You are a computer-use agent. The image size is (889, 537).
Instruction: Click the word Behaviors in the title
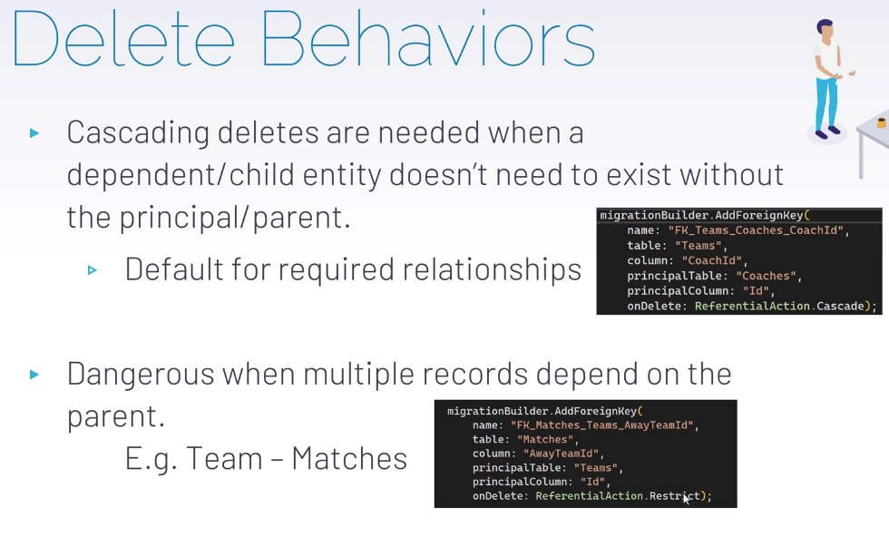tap(428, 38)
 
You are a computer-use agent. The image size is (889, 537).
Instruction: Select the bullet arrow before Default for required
tap(93, 270)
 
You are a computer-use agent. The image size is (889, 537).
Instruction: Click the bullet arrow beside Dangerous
tap(34, 375)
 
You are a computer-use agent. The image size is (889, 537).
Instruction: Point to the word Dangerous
tap(141, 375)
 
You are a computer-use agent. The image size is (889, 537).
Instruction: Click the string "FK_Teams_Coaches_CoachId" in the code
tap(757, 230)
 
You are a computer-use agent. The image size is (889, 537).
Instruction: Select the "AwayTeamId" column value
tap(561, 454)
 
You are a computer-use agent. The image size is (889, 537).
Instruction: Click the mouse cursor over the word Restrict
tap(687, 498)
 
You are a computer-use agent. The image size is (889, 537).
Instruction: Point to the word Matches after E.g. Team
tap(349, 458)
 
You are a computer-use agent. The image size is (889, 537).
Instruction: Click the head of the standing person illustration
tap(825, 30)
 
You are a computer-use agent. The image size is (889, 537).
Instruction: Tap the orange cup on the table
tap(882, 122)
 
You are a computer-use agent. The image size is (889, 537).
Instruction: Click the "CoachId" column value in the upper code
tap(712, 261)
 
